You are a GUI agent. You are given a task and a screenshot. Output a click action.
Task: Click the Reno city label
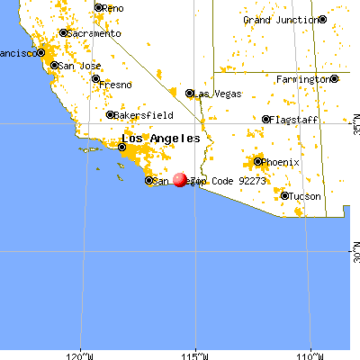pyautogui.click(x=113, y=8)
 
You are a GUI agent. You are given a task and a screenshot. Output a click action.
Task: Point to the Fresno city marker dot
pyautogui.click(x=95, y=79)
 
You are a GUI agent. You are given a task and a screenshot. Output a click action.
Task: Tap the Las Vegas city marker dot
pyautogui.click(x=189, y=93)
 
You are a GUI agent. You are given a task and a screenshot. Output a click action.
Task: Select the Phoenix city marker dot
pyautogui.click(x=258, y=162)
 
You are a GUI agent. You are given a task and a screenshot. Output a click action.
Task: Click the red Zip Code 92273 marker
pyautogui.click(x=180, y=180)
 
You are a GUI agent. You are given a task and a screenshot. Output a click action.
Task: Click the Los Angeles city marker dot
pyautogui.click(x=122, y=146)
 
